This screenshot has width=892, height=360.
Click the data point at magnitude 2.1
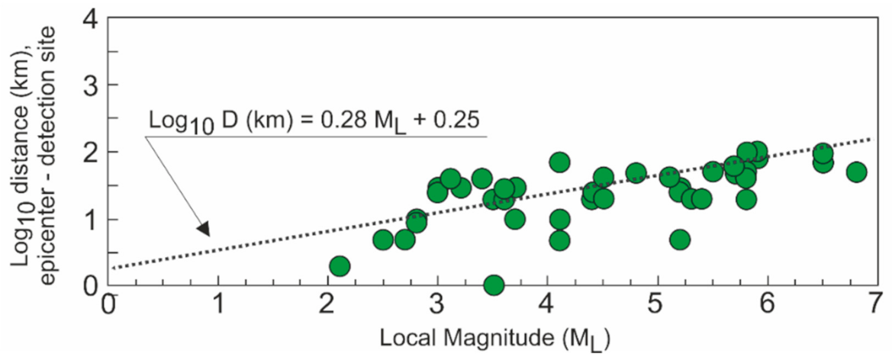pyautogui.click(x=340, y=266)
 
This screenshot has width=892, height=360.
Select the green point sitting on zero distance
pyautogui.click(x=494, y=285)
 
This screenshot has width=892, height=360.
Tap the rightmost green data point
pyautogui.click(x=856, y=172)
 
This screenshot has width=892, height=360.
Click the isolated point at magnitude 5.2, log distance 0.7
pyautogui.click(x=680, y=239)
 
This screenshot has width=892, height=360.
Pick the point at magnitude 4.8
pyautogui.click(x=636, y=172)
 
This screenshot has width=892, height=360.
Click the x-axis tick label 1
pyautogui.click(x=219, y=304)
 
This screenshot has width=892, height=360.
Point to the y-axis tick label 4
pyautogui.click(x=92, y=18)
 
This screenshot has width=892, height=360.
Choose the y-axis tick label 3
pyautogui.click(x=92, y=85)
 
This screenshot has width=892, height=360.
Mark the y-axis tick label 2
pyautogui.click(x=92, y=152)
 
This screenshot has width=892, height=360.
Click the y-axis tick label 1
pyautogui.click(x=92, y=220)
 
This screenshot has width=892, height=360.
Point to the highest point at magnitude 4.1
pyautogui.click(x=559, y=162)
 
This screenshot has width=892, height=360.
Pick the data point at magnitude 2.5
pyautogui.click(x=383, y=239)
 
